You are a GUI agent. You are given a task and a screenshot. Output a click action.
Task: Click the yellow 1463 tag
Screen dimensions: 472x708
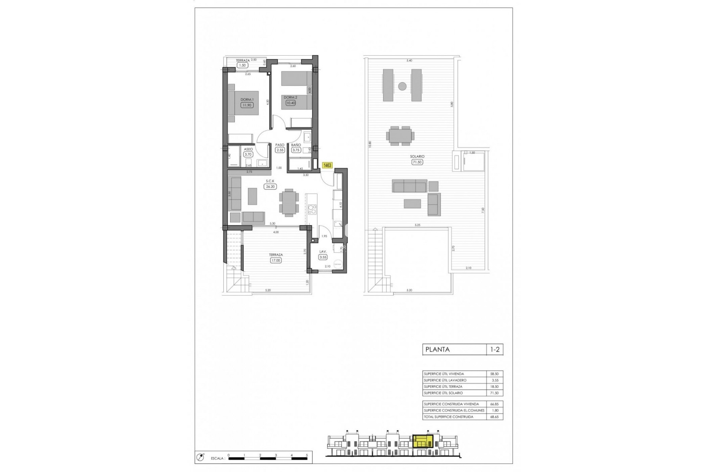(x=327, y=166)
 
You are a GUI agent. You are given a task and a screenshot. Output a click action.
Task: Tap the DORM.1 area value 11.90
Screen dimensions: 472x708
(x=247, y=105)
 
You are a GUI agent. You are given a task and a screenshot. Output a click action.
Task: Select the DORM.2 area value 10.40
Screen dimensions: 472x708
(x=291, y=103)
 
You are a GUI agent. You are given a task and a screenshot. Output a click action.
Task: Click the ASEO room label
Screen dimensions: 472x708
(x=248, y=149)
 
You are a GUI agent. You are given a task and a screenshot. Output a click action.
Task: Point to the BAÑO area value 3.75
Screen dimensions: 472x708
(x=296, y=150)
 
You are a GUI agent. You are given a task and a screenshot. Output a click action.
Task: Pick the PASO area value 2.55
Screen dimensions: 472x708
(x=280, y=150)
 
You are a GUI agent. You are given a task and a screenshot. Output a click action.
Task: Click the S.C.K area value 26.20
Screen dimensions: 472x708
(x=270, y=187)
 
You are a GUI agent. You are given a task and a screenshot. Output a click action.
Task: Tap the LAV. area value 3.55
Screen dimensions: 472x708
(x=323, y=257)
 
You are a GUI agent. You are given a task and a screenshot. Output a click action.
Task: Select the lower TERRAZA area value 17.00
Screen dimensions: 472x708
(x=275, y=260)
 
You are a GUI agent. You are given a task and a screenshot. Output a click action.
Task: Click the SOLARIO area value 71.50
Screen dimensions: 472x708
(x=417, y=162)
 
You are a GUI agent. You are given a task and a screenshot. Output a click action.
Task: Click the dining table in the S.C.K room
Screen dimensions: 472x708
(x=289, y=202)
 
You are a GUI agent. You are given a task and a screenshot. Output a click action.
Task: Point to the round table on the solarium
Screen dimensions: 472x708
(x=402, y=86)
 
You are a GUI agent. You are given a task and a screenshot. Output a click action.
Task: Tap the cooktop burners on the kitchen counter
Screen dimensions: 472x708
(x=312, y=209)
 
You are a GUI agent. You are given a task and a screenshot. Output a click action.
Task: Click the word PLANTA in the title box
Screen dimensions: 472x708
(x=437, y=350)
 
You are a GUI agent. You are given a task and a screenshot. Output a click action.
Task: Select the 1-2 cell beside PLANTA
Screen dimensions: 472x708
(x=494, y=350)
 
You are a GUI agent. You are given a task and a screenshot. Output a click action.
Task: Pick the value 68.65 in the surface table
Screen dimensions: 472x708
(x=494, y=417)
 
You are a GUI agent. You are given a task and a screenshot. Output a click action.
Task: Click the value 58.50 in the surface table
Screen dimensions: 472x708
(x=494, y=374)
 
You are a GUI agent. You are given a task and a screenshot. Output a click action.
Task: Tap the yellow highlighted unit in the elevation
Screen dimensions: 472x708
(x=423, y=441)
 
